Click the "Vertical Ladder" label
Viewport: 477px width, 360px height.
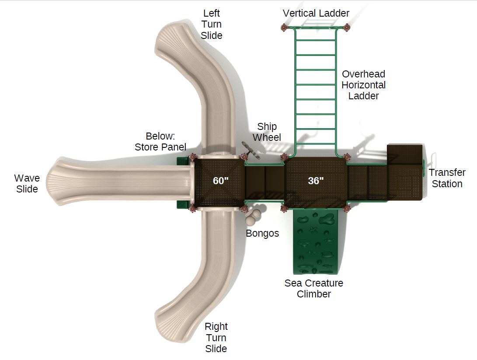click(316, 13)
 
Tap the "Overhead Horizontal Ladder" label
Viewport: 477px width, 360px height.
click(363, 85)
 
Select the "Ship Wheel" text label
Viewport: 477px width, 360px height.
click(267, 132)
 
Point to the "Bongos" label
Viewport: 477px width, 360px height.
click(262, 233)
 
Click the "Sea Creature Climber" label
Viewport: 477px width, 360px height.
click(313, 288)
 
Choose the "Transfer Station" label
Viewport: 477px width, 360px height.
click(447, 178)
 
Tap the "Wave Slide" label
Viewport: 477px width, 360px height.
click(27, 183)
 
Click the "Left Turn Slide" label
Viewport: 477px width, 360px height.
click(212, 24)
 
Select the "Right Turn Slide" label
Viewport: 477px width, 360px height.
click(216, 337)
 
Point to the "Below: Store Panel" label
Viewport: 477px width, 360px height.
click(160, 141)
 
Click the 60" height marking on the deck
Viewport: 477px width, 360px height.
click(221, 181)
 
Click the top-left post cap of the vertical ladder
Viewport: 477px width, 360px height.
click(283, 28)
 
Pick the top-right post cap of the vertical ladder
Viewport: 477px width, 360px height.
click(347, 28)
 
